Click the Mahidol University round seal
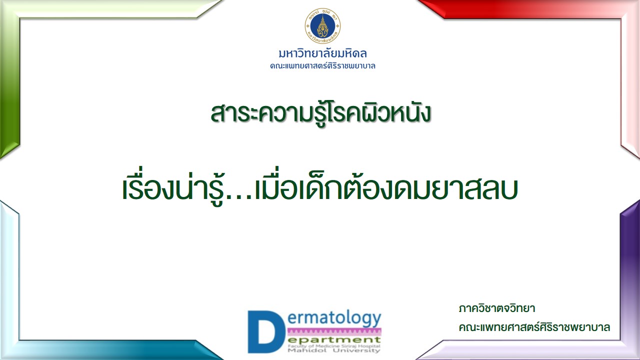pyautogui.click(x=322, y=25)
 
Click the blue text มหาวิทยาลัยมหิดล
pyautogui.click(x=323, y=53)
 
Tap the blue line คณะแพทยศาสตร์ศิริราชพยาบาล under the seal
pyautogui.click(x=322, y=66)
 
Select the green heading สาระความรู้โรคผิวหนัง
pyautogui.click(x=320, y=113)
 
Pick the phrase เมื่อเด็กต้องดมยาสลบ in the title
pyautogui.click(x=385, y=185)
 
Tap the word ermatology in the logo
pyautogui.click(x=334, y=319)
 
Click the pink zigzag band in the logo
pyautogui.click(x=334, y=332)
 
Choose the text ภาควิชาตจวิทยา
pyautogui.click(x=497, y=308)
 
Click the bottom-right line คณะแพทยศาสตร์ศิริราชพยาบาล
pyautogui.click(x=534, y=327)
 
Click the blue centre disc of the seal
pyautogui.click(x=322, y=26)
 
